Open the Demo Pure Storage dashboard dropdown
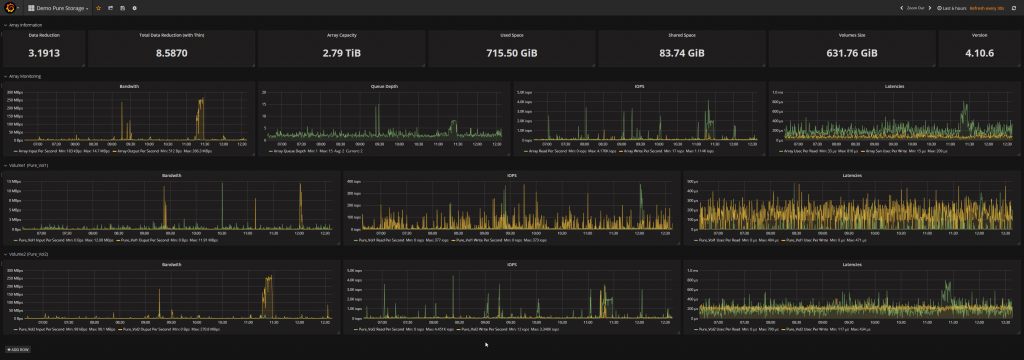pos(61,8)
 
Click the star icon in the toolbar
pos(98,8)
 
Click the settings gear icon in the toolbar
pos(134,8)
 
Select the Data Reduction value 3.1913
pos(44,52)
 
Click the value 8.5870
pos(172,52)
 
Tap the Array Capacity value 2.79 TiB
pos(342,52)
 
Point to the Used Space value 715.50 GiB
pos(511,52)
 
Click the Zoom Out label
pos(913,8)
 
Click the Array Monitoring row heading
pos(24,76)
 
